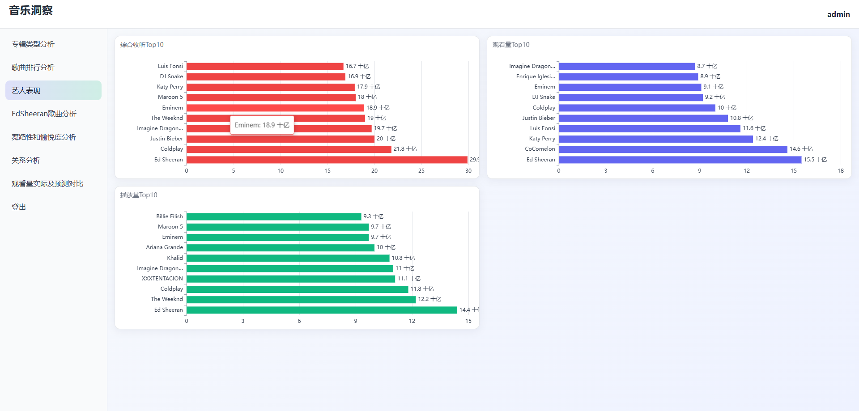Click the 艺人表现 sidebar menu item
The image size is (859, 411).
[x=26, y=90]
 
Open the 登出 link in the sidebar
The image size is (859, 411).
[x=19, y=207]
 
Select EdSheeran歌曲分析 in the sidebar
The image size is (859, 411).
[x=44, y=114]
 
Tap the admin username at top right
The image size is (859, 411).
[x=838, y=14]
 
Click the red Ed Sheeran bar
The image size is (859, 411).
[x=327, y=160]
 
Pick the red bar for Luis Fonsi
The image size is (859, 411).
[x=265, y=66]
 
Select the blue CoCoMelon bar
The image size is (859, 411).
[x=672, y=149]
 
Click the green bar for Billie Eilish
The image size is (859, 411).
[x=274, y=216]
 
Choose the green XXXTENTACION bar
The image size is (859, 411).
[x=291, y=279]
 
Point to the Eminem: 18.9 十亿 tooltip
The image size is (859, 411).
[x=262, y=125]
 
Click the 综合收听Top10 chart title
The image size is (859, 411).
[x=142, y=45]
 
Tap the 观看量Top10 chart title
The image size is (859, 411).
[x=511, y=45]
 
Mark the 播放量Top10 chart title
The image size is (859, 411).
[x=139, y=195]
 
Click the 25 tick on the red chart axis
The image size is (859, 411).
[x=421, y=171]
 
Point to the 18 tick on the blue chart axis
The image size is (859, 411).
[x=841, y=171]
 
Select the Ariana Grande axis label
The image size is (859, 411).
[x=164, y=247]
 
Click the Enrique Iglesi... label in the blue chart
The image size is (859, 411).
[x=536, y=76]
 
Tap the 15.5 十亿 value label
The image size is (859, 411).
[x=815, y=160]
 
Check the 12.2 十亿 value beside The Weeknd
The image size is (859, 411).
[x=429, y=299]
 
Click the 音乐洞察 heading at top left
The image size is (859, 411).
[x=31, y=11]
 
